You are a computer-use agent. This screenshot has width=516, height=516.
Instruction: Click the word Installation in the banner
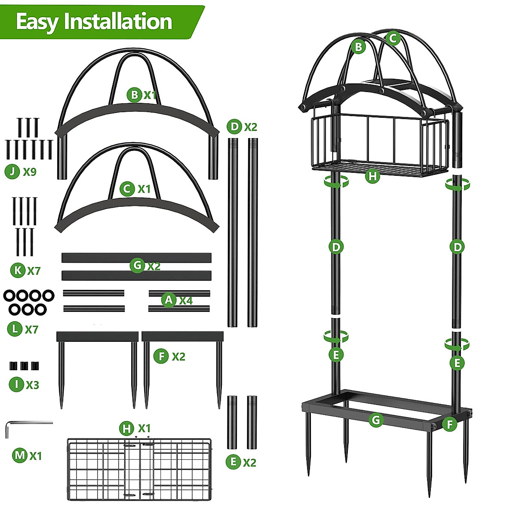point(118,21)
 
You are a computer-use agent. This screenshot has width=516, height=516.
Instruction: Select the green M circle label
point(20,455)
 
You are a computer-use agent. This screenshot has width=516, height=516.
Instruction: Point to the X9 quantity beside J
point(30,172)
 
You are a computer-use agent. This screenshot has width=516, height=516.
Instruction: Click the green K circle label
point(18,270)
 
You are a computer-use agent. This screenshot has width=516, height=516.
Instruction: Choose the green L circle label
point(15,329)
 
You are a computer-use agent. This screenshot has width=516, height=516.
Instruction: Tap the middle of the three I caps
point(25,366)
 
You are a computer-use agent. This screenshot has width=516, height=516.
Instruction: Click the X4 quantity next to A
point(186,300)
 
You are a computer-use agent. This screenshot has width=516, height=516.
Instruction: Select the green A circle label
point(169,300)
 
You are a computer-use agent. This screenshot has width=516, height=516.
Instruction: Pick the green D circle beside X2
point(234,127)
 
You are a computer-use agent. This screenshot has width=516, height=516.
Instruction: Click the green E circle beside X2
point(233,462)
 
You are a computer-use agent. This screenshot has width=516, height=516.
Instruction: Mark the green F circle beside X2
point(161,356)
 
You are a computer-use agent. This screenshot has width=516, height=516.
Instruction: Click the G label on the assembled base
point(376,420)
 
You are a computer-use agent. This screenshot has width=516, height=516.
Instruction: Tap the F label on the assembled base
point(449,425)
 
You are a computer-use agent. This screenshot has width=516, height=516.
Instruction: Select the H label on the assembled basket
point(373,176)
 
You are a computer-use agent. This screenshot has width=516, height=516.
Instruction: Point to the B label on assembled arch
point(358,46)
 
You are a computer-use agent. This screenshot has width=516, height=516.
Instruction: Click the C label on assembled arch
point(393,38)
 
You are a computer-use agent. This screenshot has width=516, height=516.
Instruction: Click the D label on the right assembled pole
point(457,247)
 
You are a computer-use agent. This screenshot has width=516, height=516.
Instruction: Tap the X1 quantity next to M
point(36,455)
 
